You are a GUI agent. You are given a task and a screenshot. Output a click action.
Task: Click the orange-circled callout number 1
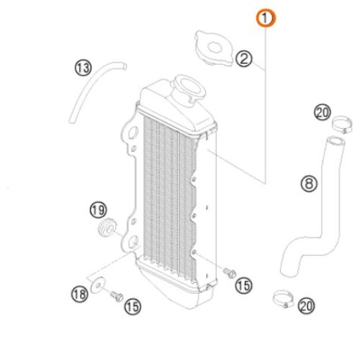click(266, 18)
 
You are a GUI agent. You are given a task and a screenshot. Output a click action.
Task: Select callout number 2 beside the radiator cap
click(244, 59)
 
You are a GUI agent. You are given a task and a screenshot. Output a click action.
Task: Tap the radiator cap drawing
click(214, 48)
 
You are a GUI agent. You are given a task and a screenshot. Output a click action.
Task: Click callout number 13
click(83, 68)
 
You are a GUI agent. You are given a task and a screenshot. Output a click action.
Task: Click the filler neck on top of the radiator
click(189, 89)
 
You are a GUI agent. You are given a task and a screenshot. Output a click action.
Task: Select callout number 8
click(309, 184)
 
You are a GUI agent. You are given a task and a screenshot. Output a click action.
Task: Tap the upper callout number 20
click(323, 112)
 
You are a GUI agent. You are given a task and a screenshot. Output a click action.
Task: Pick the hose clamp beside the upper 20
click(343, 125)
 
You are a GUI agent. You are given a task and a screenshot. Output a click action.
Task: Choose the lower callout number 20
click(306, 306)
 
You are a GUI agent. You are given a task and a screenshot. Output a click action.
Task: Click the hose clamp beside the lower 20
click(284, 299)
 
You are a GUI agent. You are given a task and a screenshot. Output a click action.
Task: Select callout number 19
click(98, 210)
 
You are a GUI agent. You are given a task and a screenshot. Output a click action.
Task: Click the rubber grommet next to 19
click(107, 228)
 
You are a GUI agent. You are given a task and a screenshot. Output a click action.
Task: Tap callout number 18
click(80, 294)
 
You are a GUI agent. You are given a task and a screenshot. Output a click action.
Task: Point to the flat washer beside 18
click(98, 284)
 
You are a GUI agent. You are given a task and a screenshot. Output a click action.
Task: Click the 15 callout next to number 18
click(132, 307)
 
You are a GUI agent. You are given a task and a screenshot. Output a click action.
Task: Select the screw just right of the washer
click(117, 297)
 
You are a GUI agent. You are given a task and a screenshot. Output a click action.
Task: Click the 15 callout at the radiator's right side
click(243, 286)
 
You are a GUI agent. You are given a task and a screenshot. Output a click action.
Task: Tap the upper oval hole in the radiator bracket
click(133, 132)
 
